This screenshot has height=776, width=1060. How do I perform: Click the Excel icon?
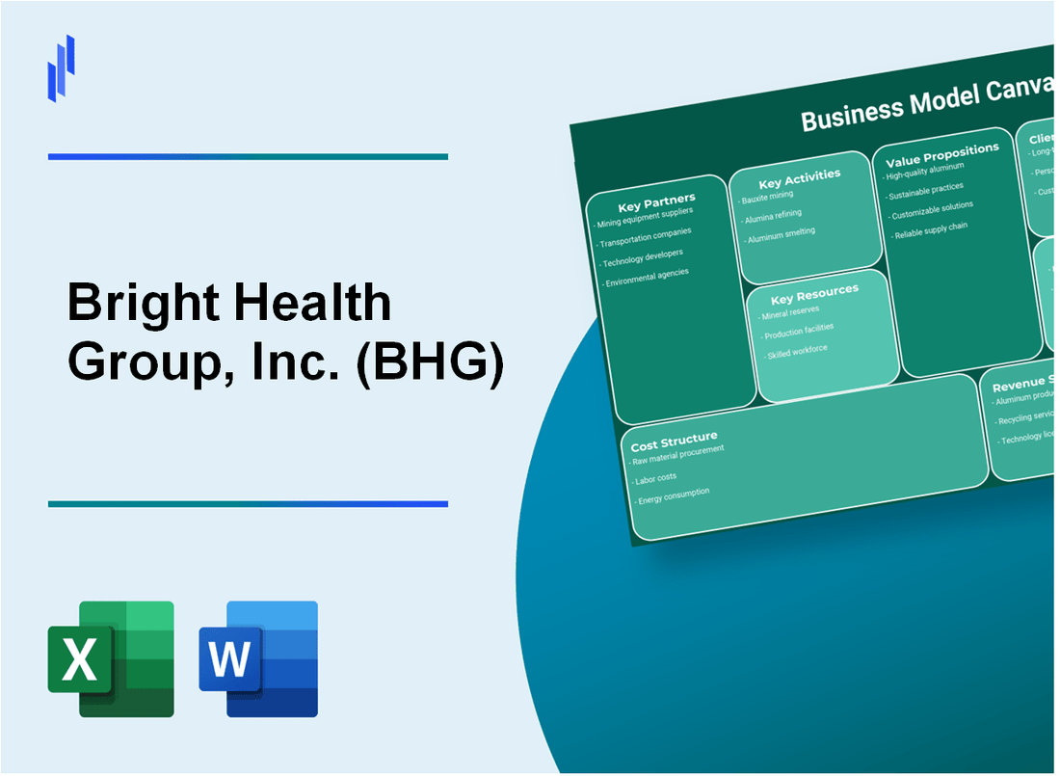[111, 658]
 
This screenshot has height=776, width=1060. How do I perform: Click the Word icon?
[258, 658]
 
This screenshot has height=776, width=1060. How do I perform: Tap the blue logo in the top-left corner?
[61, 67]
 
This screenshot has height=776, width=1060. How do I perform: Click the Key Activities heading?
[799, 178]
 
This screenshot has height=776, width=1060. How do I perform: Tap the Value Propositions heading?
[941, 154]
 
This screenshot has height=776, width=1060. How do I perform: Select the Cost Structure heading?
[674, 442]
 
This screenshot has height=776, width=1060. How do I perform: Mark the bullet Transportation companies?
[646, 236]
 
